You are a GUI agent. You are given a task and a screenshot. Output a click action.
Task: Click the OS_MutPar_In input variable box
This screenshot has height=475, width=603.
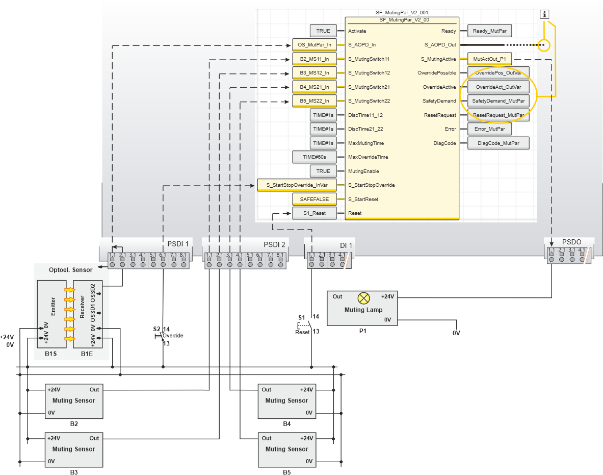tap(314, 45)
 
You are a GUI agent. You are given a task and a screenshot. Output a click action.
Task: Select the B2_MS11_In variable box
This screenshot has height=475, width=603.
tap(314, 59)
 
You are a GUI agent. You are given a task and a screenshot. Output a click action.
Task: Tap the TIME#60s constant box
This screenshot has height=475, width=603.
tap(314, 157)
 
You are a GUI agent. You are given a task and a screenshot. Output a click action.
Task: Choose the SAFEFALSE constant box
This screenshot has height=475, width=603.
tap(314, 199)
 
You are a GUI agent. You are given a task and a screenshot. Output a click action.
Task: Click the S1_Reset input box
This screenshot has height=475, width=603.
tap(314, 213)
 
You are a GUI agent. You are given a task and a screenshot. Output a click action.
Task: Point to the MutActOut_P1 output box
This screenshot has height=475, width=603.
tap(489, 59)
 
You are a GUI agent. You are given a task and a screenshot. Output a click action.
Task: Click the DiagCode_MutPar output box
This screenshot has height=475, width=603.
tap(498, 143)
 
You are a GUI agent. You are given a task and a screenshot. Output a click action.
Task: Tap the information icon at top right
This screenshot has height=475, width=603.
tap(545, 14)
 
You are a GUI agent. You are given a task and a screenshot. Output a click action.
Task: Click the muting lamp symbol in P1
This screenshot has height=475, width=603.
tap(363, 297)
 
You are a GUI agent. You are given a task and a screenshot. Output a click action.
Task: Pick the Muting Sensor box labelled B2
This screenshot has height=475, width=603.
tap(73, 401)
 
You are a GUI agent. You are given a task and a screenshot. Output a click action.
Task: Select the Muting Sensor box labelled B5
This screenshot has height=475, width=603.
tap(286, 449)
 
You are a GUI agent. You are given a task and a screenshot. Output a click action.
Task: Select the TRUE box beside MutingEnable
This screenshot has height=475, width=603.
tap(323, 171)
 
